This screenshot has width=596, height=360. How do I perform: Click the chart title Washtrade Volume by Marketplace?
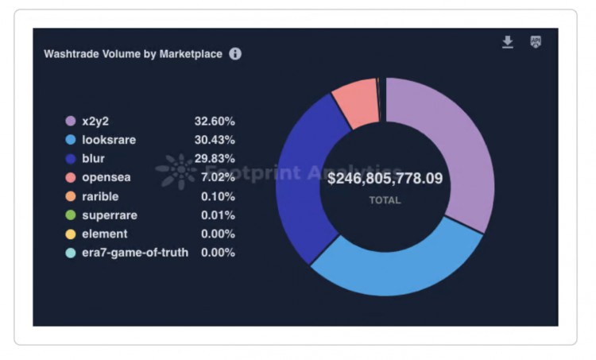point(133,54)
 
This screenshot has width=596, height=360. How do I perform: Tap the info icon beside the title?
point(235,54)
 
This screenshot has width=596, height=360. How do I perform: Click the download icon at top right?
point(508,42)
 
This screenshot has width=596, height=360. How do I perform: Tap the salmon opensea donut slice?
point(355,102)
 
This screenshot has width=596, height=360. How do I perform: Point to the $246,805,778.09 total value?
point(385,178)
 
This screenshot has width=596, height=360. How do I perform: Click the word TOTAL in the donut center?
point(385,200)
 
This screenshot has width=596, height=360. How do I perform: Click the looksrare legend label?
point(109,140)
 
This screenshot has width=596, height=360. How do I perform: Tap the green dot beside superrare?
point(70,215)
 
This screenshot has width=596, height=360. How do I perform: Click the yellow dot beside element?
point(70,234)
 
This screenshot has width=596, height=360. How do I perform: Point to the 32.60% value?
point(215,122)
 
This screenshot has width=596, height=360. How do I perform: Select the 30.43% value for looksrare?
point(215,140)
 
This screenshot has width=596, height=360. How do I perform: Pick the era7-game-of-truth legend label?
point(135,253)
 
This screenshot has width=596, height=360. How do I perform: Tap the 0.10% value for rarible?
point(218,196)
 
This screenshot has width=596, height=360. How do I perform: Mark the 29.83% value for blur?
point(215,159)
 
